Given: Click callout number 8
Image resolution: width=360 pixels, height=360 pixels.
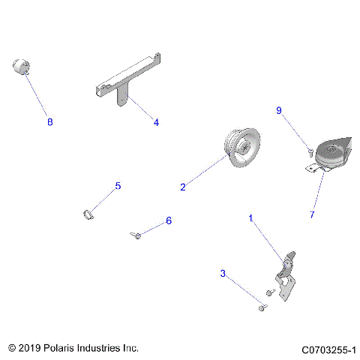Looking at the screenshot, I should coord(50,121).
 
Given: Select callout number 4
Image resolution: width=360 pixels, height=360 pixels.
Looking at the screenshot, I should coord(156,121).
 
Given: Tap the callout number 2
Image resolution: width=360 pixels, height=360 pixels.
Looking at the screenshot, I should coord(182,187).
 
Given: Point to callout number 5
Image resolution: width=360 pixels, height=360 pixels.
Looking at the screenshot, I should coord(118,185).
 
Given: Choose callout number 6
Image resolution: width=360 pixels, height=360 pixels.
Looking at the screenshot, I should coord(169,220).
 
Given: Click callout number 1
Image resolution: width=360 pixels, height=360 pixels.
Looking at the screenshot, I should coord(251,217).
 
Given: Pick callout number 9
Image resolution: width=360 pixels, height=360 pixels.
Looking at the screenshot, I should coord(279,111).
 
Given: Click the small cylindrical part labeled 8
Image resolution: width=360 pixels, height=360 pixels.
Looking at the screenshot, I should coord(21,67).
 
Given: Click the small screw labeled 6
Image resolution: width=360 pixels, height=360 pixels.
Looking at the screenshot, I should coord(136,236).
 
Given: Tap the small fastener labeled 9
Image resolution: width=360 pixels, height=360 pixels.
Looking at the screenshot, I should coord(309,152).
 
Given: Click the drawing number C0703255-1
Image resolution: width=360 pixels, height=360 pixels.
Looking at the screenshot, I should coord(328,349).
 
